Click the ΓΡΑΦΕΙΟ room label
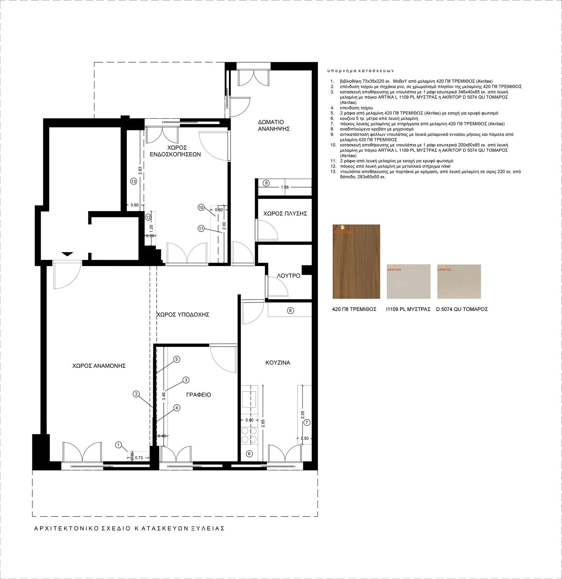pyautogui.click(x=198, y=395)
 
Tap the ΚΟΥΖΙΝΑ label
pyautogui.click(x=278, y=363)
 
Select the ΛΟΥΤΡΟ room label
pyautogui.click(x=288, y=276)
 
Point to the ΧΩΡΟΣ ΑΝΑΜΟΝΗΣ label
pyautogui.click(x=99, y=366)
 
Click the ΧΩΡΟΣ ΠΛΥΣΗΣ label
pyautogui.click(x=285, y=214)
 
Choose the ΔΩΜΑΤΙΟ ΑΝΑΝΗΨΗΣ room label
pyautogui.click(x=274, y=125)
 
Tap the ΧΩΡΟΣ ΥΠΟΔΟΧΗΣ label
pyautogui.click(x=183, y=314)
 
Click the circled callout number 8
pyautogui.click(x=290, y=310)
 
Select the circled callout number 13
pyautogui.click(x=133, y=181)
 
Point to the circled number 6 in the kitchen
pyautogui.click(x=249, y=454)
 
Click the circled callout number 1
pyautogui.click(x=118, y=445)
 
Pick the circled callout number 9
pyautogui.click(x=267, y=183)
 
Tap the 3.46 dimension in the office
pyautogui.click(x=164, y=396)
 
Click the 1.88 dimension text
pyautogui.click(x=285, y=187)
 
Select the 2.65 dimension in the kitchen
pyautogui.click(x=263, y=423)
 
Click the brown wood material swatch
pyautogui.click(x=356, y=262)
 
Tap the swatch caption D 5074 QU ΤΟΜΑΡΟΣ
pyautogui.click(x=462, y=309)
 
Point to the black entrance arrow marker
pyautogui.click(x=67, y=254)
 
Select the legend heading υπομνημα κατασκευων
pyautogui.click(x=361, y=71)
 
